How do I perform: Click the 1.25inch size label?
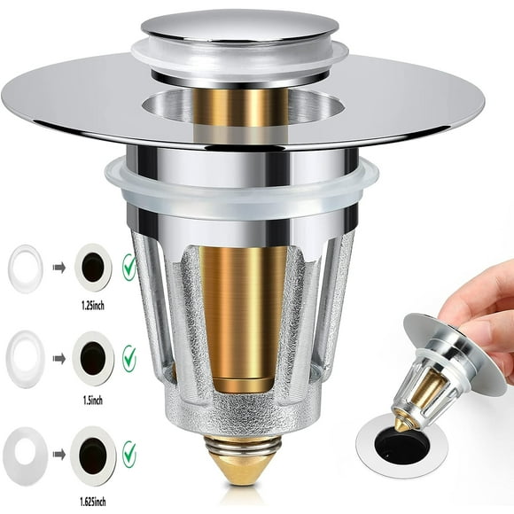pyautogui.click(x=93, y=306)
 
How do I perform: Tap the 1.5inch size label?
pyautogui.click(x=93, y=401)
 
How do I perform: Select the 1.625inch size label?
pyautogui.click(x=93, y=502)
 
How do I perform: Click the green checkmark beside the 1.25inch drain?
pyautogui.click(x=128, y=267)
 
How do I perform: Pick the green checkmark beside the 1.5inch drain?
pyautogui.click(x=129, y=358)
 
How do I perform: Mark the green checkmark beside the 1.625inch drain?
pyautogui.click(x=129, y=454)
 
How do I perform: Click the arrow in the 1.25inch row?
pyautogui.click(x=59, y=268)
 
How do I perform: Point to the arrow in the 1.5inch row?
pyautogui.click(x=59, y=359)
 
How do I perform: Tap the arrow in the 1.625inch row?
pyautogui.click(x=59, y=455)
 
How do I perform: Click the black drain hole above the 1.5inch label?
pyautogui.click(x=93, y=358)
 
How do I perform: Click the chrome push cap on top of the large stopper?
pyautogui.click(x=240, y=27)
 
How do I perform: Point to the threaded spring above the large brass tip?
pyautogui.click(x=243, y=445)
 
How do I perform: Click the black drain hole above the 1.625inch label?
pyautogui.click(x=93, y=454)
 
